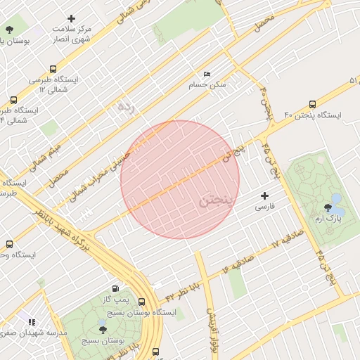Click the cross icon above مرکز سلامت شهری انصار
71,18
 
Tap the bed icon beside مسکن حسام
206,74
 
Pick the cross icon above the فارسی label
264,195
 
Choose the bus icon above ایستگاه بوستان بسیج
142,301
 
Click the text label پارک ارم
327,219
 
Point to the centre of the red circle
180,179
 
